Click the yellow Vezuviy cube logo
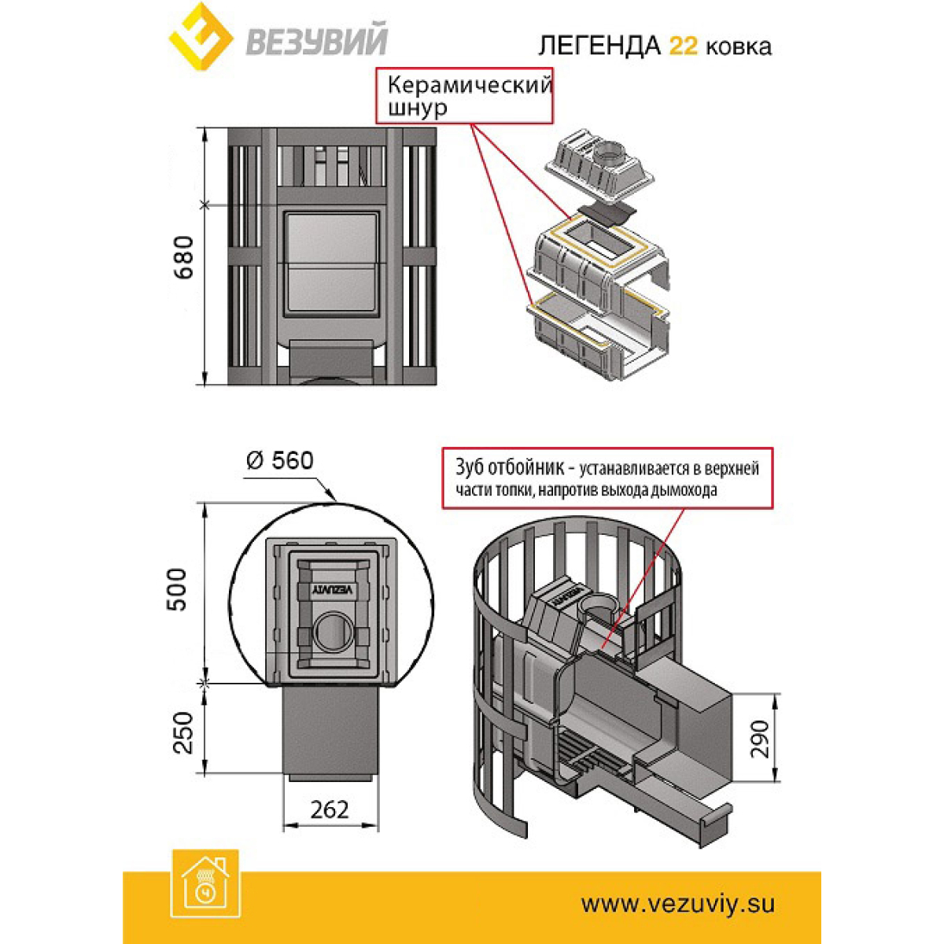[201, 37]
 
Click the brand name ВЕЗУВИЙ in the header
[316, 41]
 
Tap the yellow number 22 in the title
[683, 46]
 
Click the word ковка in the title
[738, 47]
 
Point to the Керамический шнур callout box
[464, 95]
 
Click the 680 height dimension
[184, 258]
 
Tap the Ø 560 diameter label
[279, 460]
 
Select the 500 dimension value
[177, 589]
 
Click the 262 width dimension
[330, 809]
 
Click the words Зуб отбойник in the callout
[511, 467]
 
